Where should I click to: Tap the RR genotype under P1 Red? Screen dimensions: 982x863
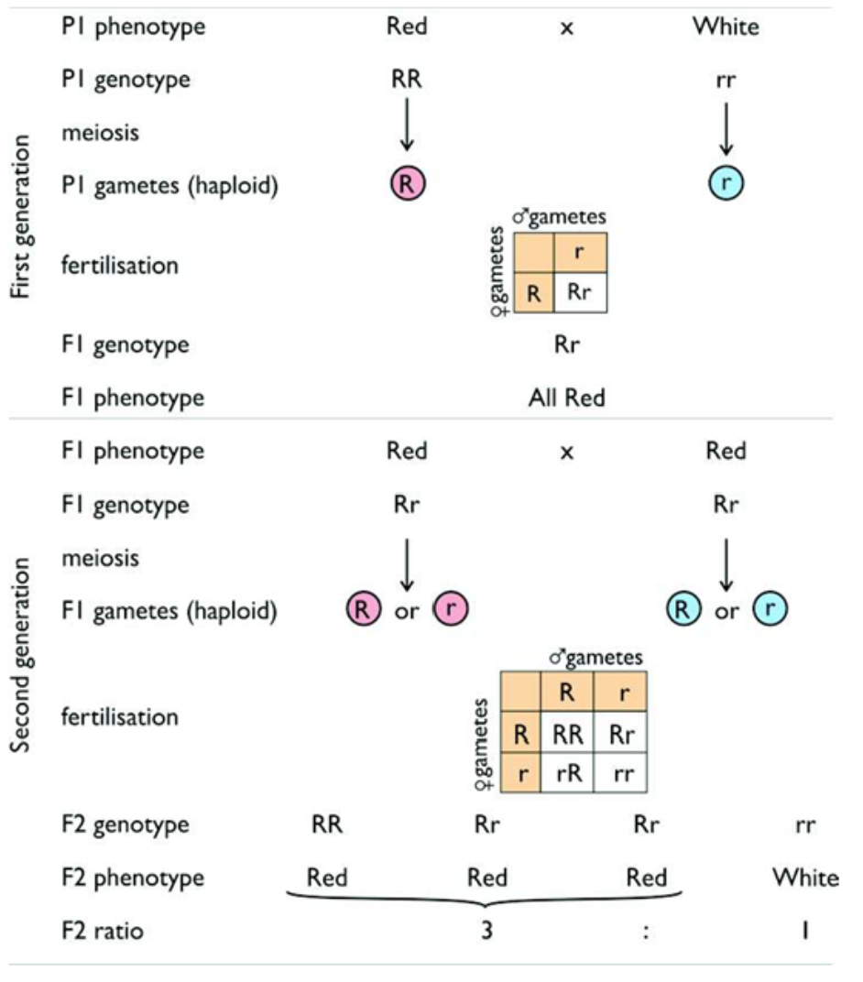[407, 79]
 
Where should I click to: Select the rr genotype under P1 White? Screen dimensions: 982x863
[726, 79]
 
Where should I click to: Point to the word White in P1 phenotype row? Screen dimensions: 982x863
[726, 26]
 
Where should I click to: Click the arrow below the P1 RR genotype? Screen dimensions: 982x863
[407, 129]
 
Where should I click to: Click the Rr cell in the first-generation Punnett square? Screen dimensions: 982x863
[579, 292]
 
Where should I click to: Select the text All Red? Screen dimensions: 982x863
[567, 398]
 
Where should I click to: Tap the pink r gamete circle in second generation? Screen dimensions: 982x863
[451, 609]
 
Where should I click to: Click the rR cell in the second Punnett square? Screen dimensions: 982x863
[567, 773]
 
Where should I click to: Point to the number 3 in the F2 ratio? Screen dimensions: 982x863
[486, 932]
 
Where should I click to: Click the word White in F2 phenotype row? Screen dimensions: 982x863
[804, 878]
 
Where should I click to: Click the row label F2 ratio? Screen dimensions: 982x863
[102, 932]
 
